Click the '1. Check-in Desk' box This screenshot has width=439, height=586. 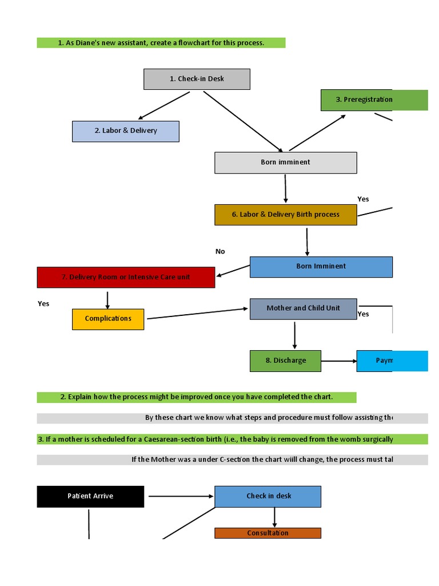coord(197,79)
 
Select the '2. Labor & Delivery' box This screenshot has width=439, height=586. coord(126,131)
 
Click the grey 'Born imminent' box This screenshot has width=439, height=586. coord(285,163)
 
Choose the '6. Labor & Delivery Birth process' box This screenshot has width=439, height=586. coord(285,215)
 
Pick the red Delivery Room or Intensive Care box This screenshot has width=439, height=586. coord(126,278)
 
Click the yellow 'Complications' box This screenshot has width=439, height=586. coord(108,319)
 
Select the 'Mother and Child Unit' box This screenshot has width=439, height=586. coord(303,308)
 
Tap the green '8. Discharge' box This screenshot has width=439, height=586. coord(285,361)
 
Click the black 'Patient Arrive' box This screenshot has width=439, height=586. coord(90,496)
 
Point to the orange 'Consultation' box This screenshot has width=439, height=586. coord(268,533)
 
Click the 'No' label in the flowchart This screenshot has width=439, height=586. coord(220,251)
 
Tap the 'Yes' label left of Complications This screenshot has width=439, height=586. coord(43,304)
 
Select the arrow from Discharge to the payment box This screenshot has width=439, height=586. coord(339,361)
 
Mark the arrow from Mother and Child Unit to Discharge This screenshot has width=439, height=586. coord(295,335)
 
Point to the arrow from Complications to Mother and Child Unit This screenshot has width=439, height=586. coord(197,314)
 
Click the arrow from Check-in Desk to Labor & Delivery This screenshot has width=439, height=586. coord(165,105)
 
